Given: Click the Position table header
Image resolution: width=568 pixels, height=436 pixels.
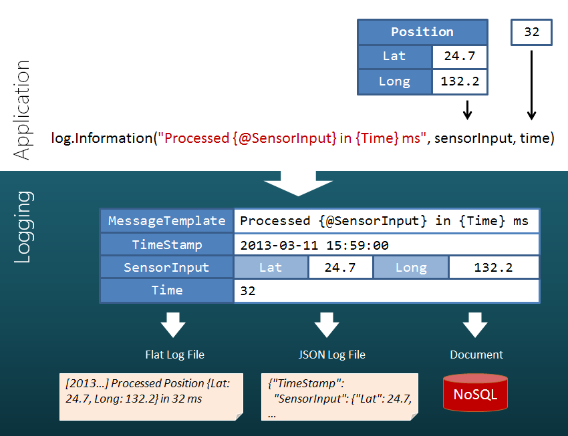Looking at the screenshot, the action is (x=422, y=32).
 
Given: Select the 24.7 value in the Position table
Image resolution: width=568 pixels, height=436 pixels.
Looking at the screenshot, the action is (x=459, y=56).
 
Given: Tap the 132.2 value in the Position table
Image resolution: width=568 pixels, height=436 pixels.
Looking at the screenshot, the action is (x=459, y=81).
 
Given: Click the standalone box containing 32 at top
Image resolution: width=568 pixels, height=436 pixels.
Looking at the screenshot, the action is (x=531, y=32).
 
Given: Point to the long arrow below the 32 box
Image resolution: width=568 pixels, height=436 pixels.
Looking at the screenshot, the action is (x=531, y=85).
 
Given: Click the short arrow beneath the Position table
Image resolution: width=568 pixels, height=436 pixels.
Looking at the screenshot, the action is (x=467, y=110).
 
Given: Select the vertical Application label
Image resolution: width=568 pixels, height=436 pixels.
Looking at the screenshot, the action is (x=22, y=110).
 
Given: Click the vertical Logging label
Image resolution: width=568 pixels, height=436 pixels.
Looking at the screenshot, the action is (x=23, y=227).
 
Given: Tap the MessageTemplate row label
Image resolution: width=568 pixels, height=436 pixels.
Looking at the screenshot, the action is (x=166, y=221).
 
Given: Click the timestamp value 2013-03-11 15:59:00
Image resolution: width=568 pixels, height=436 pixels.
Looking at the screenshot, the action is (x=315, y=245).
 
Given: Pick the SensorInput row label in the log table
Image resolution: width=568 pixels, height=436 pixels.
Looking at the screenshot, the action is (x=166, y=267).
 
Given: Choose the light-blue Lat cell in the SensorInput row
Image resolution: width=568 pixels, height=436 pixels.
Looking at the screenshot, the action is (x=271, y=267).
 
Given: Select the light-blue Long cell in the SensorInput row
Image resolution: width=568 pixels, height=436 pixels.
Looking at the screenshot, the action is (x=411, y=267).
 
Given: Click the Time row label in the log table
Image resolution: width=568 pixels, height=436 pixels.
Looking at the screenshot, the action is (x=166, y=290).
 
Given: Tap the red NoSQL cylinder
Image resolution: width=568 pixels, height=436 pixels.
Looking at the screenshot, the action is (x=475, y=393).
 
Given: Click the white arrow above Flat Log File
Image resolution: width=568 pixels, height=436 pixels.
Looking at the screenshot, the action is (x=173, y=325).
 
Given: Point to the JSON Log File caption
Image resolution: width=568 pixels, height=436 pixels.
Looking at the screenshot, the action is (x=332, y=355).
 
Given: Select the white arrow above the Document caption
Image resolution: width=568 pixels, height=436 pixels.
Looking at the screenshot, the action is (x=475, y=325).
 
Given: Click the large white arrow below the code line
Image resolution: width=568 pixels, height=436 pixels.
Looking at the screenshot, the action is (x=299, y=184).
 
